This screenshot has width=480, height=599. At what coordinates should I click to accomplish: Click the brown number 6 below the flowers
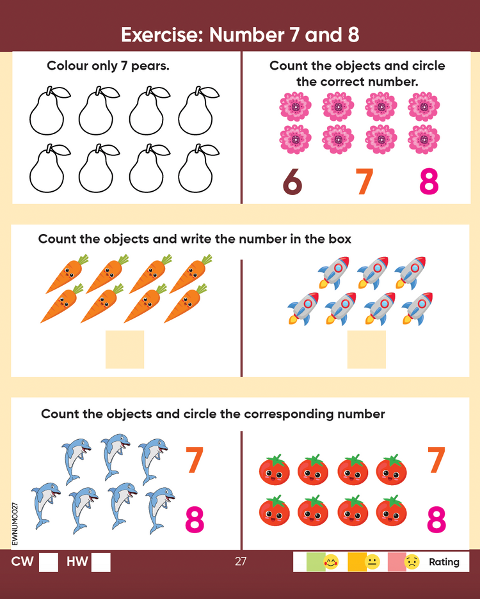point(292,182)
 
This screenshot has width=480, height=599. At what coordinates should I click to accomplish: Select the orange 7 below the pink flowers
point(364,182)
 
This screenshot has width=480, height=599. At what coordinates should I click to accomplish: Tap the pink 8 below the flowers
point(429,182)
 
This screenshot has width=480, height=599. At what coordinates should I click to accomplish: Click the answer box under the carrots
point(125,349)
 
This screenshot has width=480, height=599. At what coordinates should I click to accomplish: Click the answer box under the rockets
point(367,349)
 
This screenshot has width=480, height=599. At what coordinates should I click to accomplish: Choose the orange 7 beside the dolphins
point(195,460)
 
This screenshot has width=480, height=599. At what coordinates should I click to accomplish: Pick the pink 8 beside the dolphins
point(195,520)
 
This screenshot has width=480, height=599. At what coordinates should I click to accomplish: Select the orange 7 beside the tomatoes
point(436,460)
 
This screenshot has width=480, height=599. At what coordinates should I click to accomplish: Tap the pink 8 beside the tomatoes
point(436,520)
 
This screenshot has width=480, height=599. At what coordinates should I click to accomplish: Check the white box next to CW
point(49,562)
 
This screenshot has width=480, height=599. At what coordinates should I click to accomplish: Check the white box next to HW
point(101,562)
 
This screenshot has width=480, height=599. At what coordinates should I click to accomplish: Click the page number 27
point(241,561)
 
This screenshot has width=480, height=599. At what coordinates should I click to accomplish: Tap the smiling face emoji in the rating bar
point(332,562)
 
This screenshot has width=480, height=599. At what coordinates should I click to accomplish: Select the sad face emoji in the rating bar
point(412,562)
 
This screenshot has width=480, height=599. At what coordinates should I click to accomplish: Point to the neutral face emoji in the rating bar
point(372,562)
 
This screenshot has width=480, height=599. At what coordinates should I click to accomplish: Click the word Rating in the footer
point(444,562)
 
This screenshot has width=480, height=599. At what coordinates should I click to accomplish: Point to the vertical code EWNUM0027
point(15,524)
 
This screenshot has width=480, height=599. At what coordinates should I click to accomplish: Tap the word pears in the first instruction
point(150,66)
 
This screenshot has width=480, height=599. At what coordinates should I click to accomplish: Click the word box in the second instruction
point(340,239)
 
